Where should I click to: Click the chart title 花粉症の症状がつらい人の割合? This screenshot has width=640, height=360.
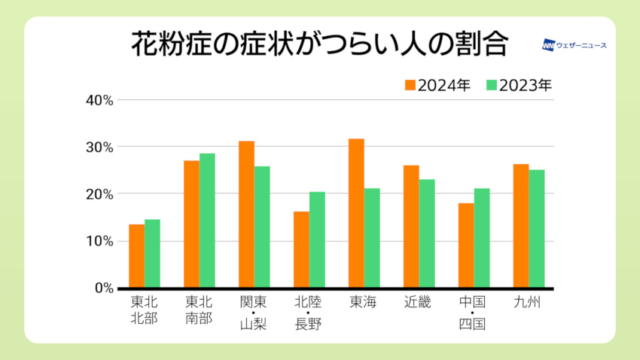[x=320, y=44]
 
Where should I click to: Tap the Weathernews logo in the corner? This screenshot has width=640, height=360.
[x=574, y=45]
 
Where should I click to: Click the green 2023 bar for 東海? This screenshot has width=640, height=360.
[x=372, y=238]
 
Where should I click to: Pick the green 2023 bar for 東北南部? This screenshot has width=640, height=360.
[x=207, y=221]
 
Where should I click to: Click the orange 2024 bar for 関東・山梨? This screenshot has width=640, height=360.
[x=246, y=215]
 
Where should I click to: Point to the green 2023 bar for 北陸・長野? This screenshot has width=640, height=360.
[x=317, y=239]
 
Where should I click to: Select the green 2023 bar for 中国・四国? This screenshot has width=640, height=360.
[x=482, y=238]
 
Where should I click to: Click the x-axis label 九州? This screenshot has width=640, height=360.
[x=529, y=303]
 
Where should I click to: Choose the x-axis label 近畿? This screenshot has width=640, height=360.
[x=419, y=303]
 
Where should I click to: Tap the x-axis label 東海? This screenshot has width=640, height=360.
[x=364, y=303]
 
